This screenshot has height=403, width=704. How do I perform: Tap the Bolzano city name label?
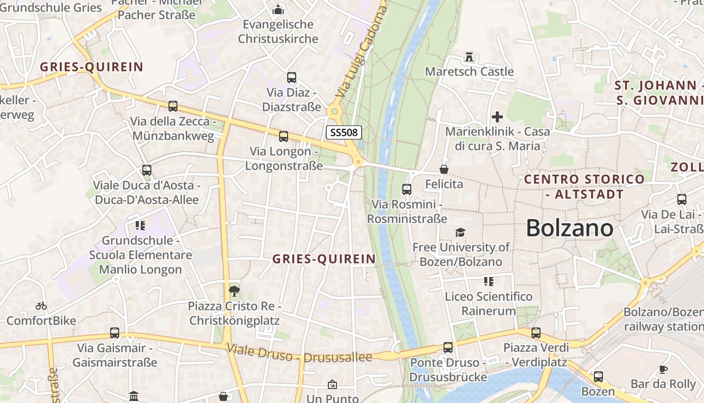[x=569, y=228]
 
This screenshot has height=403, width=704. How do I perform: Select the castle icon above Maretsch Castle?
[x=469, y=57]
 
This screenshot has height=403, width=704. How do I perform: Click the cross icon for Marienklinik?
[x=497, y=117]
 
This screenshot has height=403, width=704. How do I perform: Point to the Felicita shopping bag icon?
[x=444, y=169]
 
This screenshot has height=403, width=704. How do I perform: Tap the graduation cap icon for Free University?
[x=460, y=232]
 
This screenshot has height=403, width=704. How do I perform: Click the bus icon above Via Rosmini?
[x=407, y=189]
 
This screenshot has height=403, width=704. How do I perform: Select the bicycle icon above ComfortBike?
[x=41, y=306]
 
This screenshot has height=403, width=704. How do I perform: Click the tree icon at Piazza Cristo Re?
[x=234, y=290]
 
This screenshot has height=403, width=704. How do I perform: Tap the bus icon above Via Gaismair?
[x=115, y=333]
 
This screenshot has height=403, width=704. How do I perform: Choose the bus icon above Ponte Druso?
[x=448, y=348]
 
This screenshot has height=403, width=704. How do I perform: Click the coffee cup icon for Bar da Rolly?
[x=663, y=369]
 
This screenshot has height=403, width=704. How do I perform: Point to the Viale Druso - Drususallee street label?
[x=299, y=354]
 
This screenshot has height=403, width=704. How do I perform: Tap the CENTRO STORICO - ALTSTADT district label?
[x=584, y=186]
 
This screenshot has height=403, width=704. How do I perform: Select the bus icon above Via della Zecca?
[x=173, y=106]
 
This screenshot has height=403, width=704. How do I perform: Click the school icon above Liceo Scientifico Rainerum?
[x=489, y=282]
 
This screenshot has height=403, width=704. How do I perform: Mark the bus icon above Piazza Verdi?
[x=536, y=333]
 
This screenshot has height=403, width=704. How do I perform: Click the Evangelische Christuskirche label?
[x=278, y=31]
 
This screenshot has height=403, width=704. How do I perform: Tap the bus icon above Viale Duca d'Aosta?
[x=147, y=170]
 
